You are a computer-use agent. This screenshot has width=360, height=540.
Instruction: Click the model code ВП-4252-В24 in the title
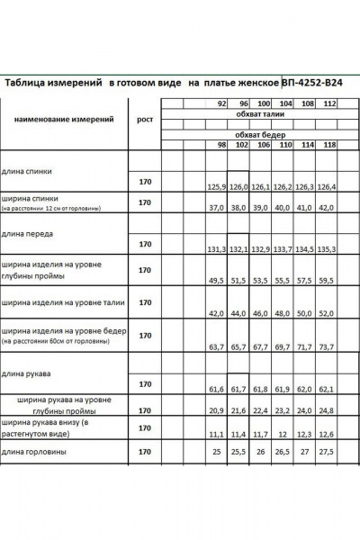click(314, 83)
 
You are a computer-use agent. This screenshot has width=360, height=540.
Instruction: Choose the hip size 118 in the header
click(330, 145)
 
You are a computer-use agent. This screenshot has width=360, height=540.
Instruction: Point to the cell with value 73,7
click(329, 346)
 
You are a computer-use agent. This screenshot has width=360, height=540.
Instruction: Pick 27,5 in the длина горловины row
click(329, 451)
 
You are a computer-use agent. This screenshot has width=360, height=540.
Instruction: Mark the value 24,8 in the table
click(329, 411)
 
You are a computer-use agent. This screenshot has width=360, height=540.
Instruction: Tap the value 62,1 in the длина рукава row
click(329, 390)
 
